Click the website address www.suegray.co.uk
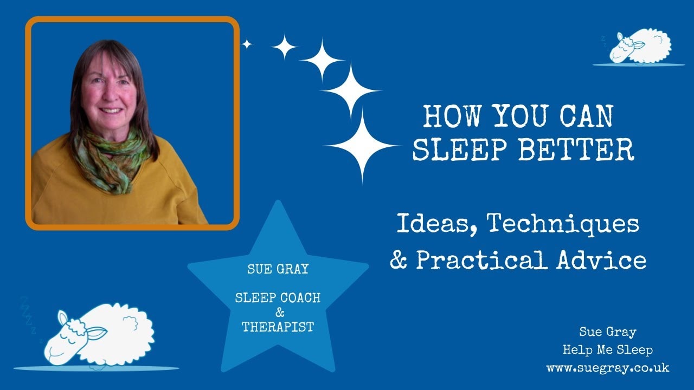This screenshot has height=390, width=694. pos(607,368)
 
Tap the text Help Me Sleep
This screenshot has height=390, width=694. pos(607,350)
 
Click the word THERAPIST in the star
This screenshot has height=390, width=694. pos(278,327)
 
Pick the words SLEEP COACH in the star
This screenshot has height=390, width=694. pos(278,298)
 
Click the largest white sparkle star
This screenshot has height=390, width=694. pos(362,146)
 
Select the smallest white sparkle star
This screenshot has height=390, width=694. pos(247,44)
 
